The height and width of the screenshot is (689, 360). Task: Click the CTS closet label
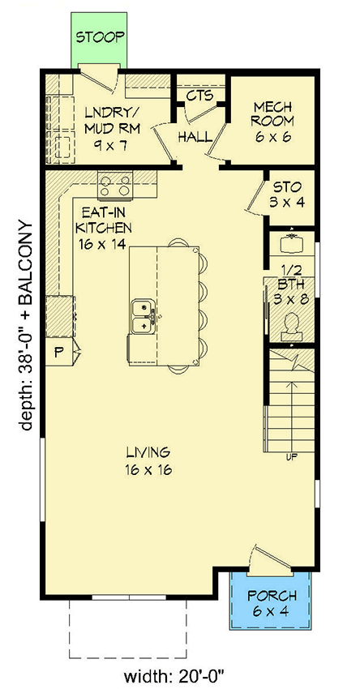199,96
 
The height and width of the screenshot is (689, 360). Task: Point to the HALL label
195,135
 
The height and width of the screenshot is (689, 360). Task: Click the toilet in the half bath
290,323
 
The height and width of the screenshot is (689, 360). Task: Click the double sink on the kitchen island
144,316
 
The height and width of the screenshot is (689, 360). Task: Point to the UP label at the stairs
289,457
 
